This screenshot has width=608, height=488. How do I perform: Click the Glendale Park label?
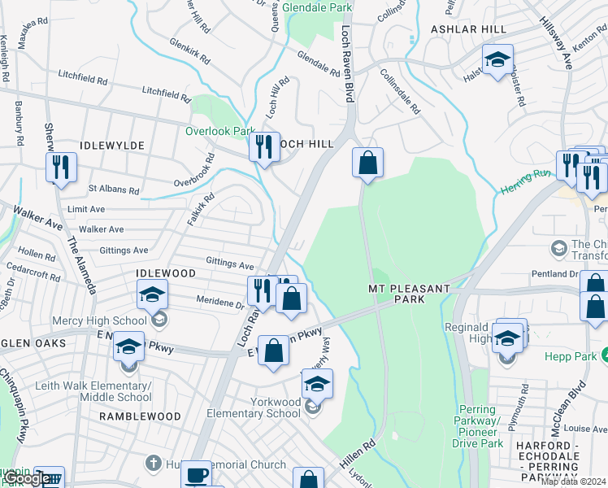pos(318,7)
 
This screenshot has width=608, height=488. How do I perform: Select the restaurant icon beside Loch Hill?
pos(264,147)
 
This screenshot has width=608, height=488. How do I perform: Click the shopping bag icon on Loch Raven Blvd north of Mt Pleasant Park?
pos(368,162)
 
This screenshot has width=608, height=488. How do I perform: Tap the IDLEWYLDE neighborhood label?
pos(112,145)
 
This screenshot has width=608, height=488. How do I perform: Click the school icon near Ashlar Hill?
pos(497,59)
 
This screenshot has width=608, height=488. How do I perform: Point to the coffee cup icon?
pos(196,475)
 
